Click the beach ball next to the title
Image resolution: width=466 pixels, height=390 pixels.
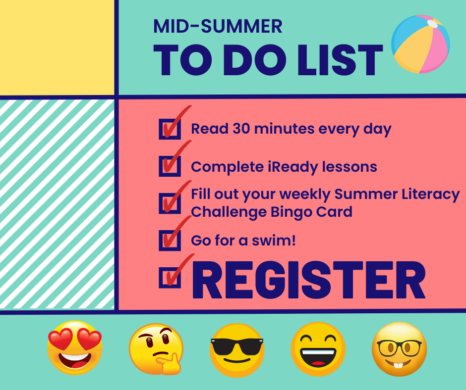click(x=420, y=44)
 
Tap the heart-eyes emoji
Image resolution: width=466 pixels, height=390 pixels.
click(x=74, y=347)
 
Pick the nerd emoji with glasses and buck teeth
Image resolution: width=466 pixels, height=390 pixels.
click(x=399, y=349)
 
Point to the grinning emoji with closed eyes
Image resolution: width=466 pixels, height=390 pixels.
click(x=318, y=349)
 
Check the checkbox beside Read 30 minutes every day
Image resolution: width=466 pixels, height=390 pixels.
click(x=170, y=129)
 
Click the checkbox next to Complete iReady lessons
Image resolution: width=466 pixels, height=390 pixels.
click(x=170, y=166)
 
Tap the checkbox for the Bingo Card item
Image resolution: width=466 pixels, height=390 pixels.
click(x=170, y=203)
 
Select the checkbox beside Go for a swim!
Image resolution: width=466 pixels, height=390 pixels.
click(x=170, y=240)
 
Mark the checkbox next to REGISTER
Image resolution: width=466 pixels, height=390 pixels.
click(x=170, y=277)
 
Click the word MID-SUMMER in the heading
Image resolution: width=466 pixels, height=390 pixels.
click(x=218, y=26)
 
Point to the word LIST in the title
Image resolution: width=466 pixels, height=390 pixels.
click(x=340, y=60)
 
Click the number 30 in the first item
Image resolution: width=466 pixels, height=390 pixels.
click(x=241, y=129)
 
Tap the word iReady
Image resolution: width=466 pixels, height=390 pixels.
click(x=293, y=167)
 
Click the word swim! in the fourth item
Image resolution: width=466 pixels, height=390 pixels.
click(x=274, y=240)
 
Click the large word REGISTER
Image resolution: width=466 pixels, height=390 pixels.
click(x=309, y=280)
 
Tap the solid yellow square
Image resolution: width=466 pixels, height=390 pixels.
click(x=57, y=48)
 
